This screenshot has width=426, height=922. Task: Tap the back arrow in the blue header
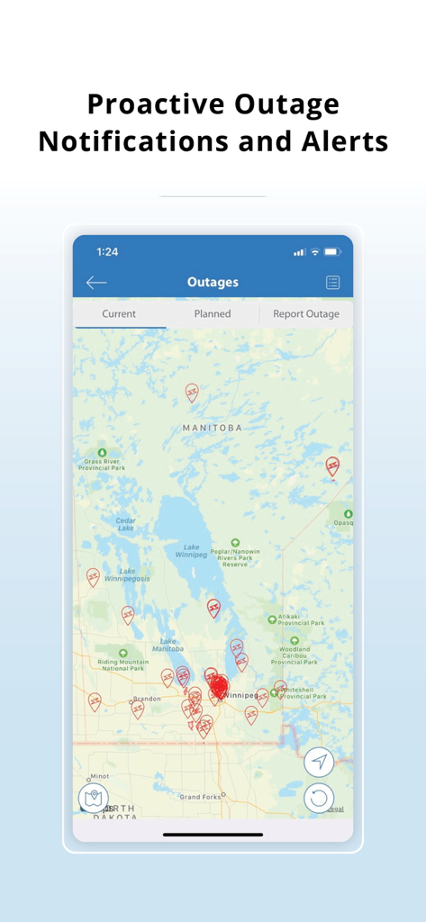click(96, 283)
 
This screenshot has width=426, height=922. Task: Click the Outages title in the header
click(213, 283)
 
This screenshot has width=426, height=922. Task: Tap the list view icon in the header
click(332, 283)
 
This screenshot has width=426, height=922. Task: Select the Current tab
click(119, 314)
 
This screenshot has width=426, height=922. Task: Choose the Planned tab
click(213, 314)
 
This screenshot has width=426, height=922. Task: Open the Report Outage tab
click(306, 314)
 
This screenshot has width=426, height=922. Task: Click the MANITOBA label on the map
click(213, 428)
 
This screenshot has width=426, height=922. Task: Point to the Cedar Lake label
click(124, 524)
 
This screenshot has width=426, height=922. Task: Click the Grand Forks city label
click(200, 797)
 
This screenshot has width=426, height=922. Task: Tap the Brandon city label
click(146, 699)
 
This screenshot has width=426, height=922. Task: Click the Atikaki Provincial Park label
click(301, 619)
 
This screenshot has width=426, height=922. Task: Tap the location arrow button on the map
click(318, 762)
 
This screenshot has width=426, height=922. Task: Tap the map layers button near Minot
click(94, 797)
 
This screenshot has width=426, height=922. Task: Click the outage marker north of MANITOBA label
click(192, 392)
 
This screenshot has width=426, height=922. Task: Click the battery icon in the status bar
click(332, 251)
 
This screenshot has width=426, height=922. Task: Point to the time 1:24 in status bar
click(107, 251)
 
